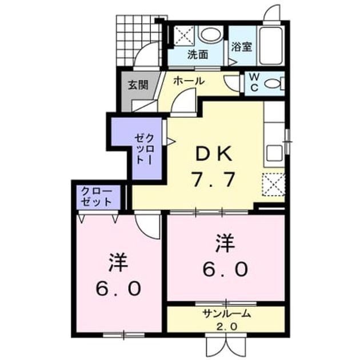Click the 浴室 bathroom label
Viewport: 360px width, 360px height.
242,47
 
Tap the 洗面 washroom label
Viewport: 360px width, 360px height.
198,55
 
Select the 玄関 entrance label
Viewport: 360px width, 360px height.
138,85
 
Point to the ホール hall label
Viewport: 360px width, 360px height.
189,81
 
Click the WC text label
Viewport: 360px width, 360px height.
254,83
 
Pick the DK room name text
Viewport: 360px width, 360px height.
213,154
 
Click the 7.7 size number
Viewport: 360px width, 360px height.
213,179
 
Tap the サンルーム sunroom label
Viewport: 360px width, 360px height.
227,313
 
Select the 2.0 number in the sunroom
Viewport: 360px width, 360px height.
226,326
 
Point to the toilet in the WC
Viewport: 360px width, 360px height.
275,83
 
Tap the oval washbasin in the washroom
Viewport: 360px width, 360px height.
211,34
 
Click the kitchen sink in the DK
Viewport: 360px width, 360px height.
274,154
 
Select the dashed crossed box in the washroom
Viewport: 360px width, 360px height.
184,35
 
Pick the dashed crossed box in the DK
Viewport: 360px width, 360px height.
274,185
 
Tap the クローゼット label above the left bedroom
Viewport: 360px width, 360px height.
97,197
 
